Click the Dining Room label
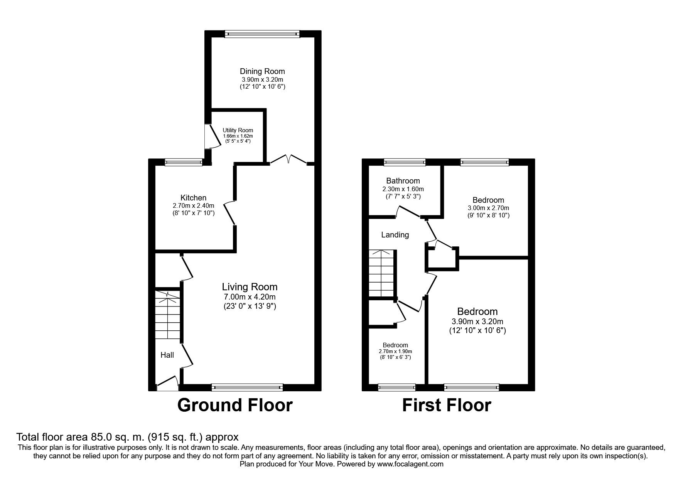pyautogui.click(x=262, y=71)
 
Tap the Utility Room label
pyautogui.click(x=238, y=130)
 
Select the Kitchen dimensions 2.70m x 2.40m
pyautogui.click(x=194, y=205)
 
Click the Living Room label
pyautogui.click(x=250, y=287)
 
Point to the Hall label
pyautogui.click(x=167, y=355)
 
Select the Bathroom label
pyautogui.click(x=403, y=181)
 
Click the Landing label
pyautogui.click(x=395, y=234)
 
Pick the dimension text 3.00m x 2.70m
pyautogui.click(x=488, y=208)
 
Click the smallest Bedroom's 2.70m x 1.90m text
pyautogui.click(x=395, y=351)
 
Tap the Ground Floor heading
pyautogui.click(x=235, y=405)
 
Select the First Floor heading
pyautogui.click(x=447, y=405)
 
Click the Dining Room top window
pyautogui.click(x=262, y=34)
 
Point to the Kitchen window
pyautogui.click(x=184, y=162)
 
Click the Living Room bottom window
pyautogui.click(x=247, y=387)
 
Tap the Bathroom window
pyautogui.click(x=405, y=162)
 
